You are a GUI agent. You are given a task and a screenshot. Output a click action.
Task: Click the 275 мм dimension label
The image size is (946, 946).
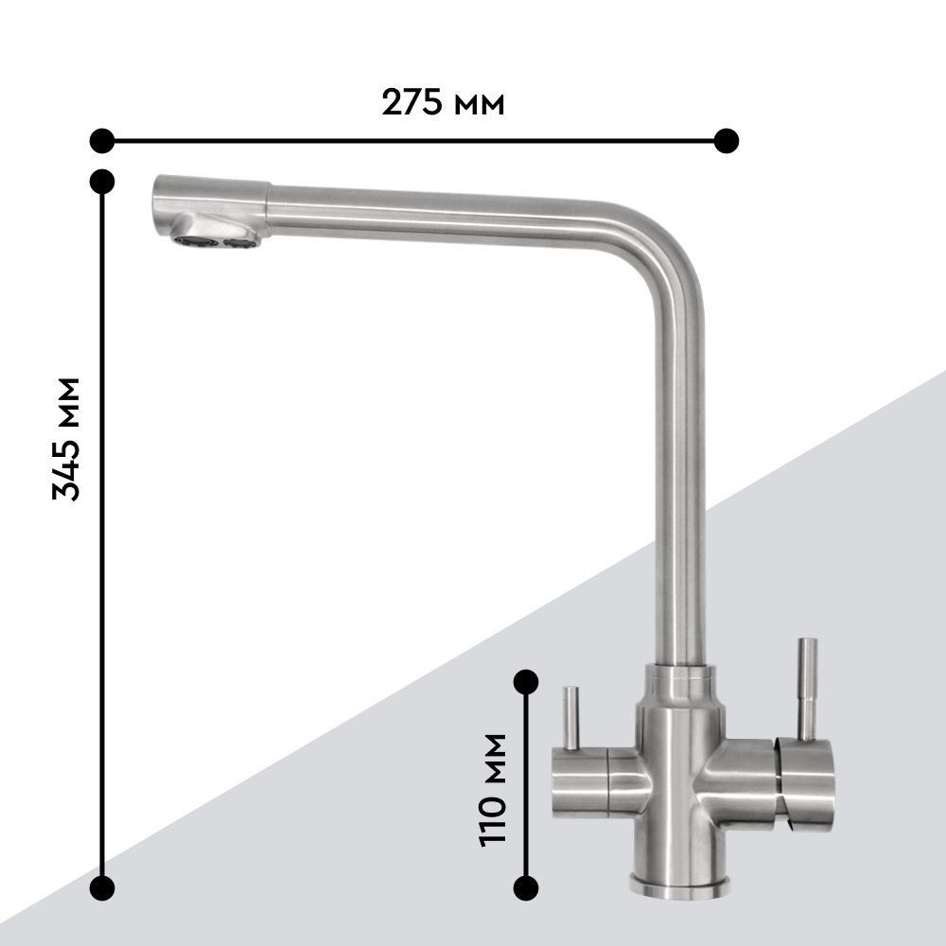click(x=443, y=102)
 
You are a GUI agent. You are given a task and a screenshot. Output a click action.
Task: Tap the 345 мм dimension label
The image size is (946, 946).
click(x=66, y=439)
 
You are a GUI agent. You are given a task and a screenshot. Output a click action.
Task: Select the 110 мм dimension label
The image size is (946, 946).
click(x=492, y=790)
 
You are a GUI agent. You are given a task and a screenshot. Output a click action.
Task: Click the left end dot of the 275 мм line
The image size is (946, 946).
click(x=102, y=141)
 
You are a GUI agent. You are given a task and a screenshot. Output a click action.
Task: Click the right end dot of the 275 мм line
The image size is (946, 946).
click(x=726, y=141)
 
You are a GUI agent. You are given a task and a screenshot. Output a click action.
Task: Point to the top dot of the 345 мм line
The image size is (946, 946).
click(x=102, y=181)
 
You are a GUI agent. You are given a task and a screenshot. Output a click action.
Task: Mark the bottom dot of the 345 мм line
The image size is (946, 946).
click(x=102, y=887)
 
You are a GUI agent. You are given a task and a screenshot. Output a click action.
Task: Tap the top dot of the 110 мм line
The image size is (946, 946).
click(x=525, y=682)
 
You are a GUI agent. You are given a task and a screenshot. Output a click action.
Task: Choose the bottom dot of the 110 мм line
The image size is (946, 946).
click(x=525, y=887)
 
